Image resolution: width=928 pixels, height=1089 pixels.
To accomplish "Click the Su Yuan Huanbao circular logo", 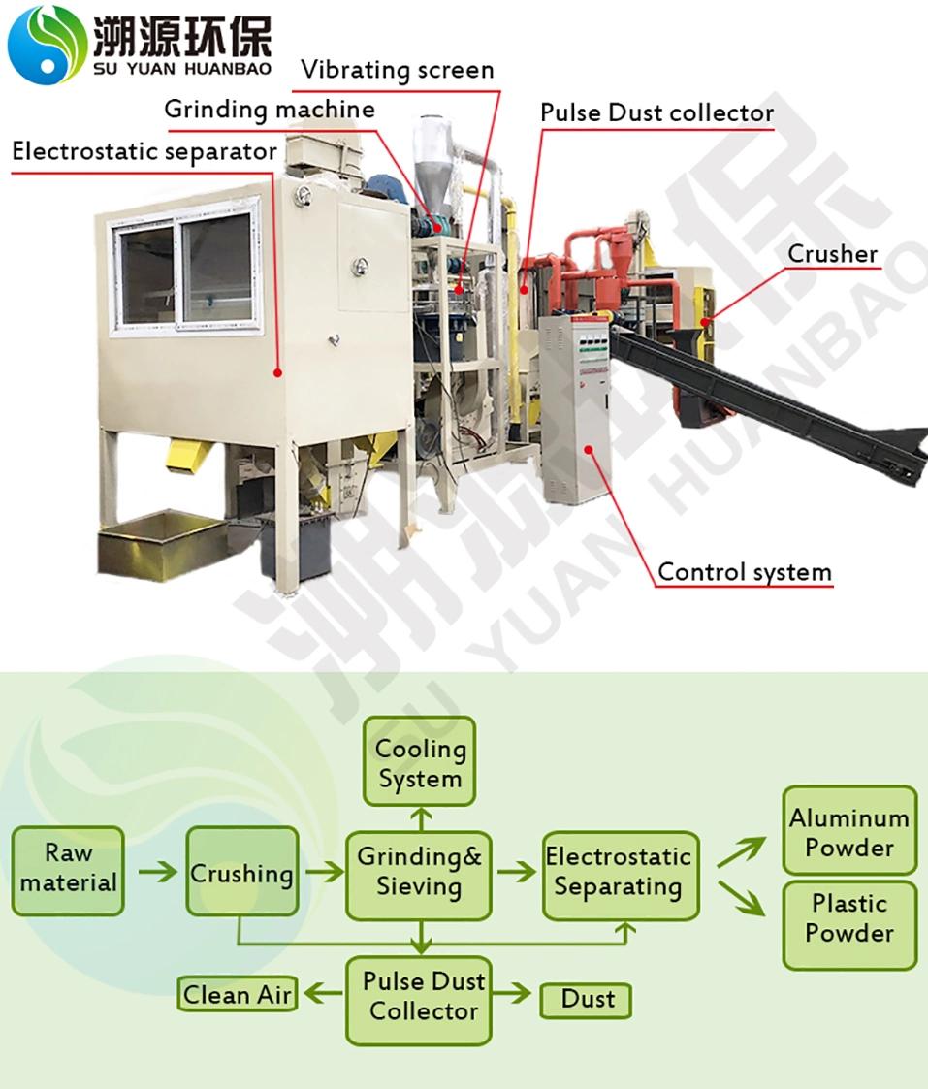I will point(47,44).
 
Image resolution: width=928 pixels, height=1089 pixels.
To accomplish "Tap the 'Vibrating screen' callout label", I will point(397,70).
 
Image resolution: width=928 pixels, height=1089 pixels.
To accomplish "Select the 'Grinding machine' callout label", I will point(269,109).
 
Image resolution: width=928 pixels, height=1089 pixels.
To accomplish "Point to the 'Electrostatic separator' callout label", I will point(144,152).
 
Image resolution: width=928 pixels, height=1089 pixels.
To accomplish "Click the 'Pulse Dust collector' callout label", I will point(656,112).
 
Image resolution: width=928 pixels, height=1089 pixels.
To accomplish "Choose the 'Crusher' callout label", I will point(832,254).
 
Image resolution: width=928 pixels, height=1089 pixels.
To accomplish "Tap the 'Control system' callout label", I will point(744,572).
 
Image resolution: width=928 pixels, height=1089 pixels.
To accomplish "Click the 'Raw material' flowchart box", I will point(68,870).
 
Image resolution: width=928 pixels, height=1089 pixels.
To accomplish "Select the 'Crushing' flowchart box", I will point(241,873).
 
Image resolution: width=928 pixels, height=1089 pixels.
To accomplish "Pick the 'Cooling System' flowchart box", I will point(419,762).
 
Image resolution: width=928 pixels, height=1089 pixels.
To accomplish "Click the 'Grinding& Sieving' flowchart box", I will point(419,873).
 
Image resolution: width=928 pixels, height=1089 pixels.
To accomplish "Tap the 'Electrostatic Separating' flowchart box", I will point(619,873).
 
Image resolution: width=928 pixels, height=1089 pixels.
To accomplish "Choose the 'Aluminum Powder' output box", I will point(848,832).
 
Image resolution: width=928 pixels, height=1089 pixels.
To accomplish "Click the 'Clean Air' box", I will point(238,995).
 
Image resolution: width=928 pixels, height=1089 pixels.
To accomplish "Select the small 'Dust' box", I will point(586,999).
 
